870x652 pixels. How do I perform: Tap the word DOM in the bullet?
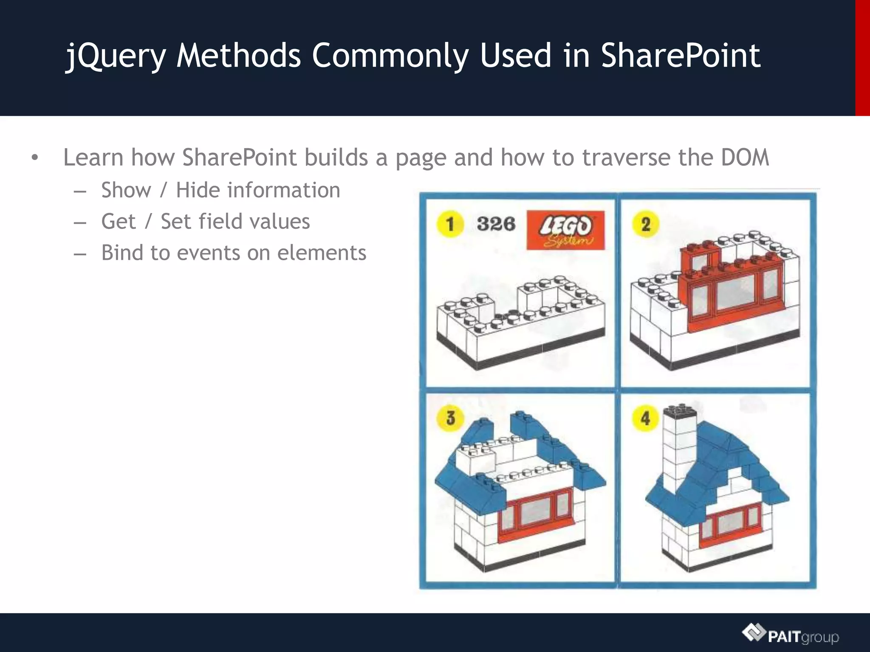(745, 157)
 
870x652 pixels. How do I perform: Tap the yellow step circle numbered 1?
(450, 224)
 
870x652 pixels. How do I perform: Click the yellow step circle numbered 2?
(645, 224)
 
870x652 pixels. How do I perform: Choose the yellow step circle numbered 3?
(450, 418)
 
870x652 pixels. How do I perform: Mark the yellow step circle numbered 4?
(645, 418)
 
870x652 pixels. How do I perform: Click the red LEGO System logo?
(565, 230)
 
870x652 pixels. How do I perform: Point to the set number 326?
(496, 224)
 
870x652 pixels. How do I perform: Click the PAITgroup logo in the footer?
(791, 635)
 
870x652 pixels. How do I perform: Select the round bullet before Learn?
(35, 158)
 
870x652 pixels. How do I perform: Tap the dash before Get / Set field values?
(80, 222)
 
